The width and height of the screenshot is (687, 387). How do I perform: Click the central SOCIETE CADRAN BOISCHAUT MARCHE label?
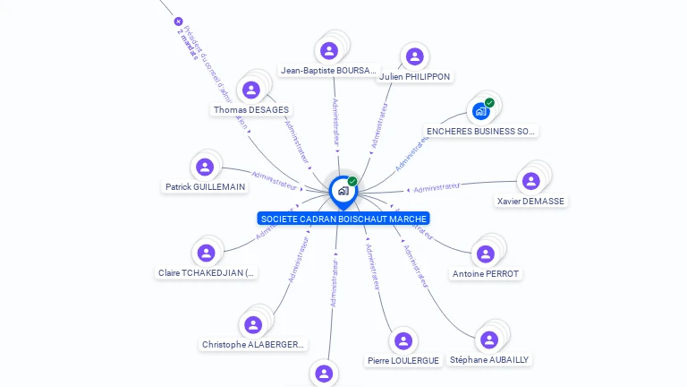tap(343, 219)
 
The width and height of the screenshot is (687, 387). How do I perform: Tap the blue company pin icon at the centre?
tap(343, 191)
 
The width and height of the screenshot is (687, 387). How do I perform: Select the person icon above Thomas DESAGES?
tap(251, 90)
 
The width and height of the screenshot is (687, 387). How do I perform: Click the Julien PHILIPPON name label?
tap(414, 76)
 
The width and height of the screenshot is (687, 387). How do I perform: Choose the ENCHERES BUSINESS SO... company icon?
tap(481, 111)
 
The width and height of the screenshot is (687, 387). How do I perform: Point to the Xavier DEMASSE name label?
tap(530, 201)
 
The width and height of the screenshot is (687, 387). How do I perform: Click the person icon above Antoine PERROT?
tap(486, 254)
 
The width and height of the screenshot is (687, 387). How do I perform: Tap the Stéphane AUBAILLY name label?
tap(489, 359)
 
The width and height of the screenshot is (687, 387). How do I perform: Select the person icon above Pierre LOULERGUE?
tap(403, 340)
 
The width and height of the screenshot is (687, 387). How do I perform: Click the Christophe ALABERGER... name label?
tap(253, 344)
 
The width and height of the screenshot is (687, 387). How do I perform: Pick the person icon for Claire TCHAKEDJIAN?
tap(207, 253)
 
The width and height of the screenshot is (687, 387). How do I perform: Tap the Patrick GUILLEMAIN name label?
tap(206, 187)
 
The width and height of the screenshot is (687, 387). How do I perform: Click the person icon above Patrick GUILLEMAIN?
tap(206, 167)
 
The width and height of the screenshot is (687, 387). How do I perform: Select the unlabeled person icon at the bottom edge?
tap(324, 374)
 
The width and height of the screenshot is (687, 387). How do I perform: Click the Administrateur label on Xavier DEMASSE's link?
tap(437, 187)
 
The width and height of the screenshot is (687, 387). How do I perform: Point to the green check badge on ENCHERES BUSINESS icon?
tap(489, 102)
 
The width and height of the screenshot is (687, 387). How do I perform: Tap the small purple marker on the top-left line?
tap(178, 21)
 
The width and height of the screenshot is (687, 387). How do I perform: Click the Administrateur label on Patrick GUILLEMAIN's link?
tap(274, 180)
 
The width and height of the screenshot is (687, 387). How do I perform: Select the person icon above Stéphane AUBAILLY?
tap(489, 340)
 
